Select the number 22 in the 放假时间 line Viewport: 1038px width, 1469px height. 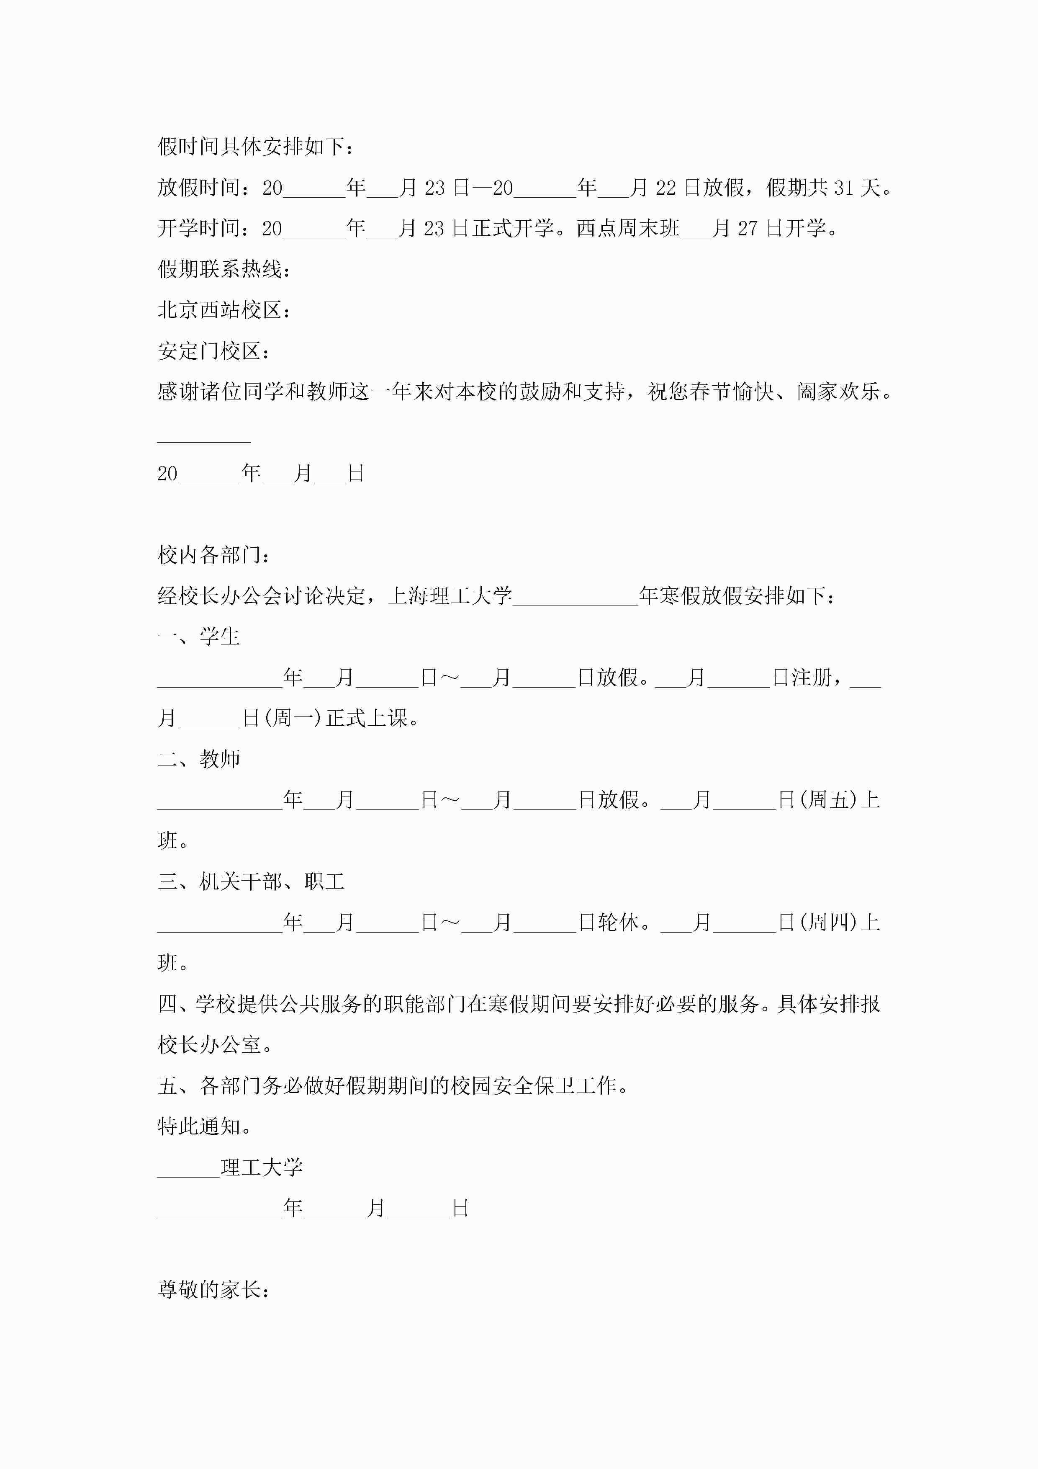coord(666,188)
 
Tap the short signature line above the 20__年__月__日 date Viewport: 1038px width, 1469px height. coord(204,441)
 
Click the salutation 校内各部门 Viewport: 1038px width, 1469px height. coord(209,555)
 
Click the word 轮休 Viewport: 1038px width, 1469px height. coord(619,922)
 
